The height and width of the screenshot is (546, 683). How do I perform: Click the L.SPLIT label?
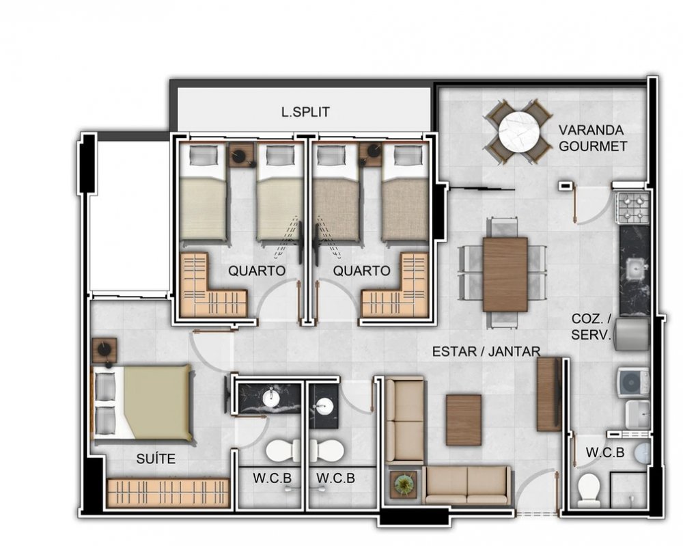click(305, 112)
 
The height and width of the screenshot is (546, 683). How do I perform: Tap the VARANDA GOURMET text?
click(593, 138)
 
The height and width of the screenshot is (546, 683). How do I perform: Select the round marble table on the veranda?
click(519, 131)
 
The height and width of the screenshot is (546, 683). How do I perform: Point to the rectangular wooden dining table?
click(505, 275)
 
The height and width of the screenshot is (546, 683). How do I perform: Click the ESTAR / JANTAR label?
click(486, 351)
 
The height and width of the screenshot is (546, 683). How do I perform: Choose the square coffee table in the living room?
click(464, 420)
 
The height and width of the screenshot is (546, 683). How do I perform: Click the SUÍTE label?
click(156, 459)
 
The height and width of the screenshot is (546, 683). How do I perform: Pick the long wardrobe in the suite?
click(168, 493)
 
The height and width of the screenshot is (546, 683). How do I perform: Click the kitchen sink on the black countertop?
click(634, 269)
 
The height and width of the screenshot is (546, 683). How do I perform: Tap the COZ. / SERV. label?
click(591, 327)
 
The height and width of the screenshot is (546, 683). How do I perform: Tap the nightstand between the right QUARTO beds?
click(370, 153)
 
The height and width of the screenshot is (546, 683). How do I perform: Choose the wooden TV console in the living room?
click(549, 394)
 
